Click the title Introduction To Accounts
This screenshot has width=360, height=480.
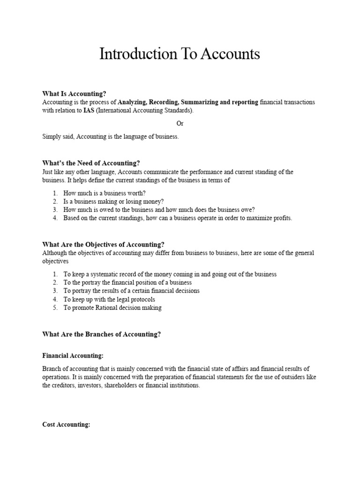pyautogui.click(x=180, y=54)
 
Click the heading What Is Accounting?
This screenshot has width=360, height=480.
pyautogui.click(x=78, y=94)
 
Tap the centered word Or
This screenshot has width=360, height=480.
pyautogui.click(x=180, y=124)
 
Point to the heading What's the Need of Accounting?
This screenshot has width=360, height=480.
pyautogui.click(x=91, y=163)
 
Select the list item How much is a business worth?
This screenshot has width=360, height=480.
pyautogui.click(x=105, y=193)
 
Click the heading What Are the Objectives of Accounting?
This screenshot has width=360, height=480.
pyautogui.click(x=103, y=244)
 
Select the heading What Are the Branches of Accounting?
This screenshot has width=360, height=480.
pyautogui.click(x=102, y=334)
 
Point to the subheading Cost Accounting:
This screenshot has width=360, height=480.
pyautogui.click(x=66, y=425)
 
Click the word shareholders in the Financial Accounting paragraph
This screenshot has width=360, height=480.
pyautogui.click(x=134, y=386)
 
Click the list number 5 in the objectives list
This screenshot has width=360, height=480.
pyautogui.click(x=55, y=307)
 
